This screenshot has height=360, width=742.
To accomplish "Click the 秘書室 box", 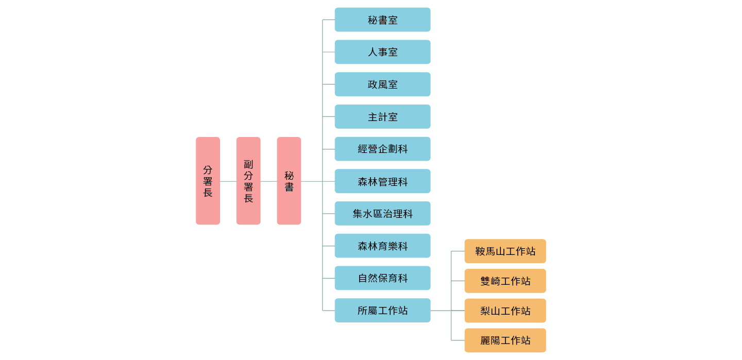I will pos(382,20).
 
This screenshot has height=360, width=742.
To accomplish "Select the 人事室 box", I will pos(382,52).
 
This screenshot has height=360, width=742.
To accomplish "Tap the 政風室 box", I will pos(382,84).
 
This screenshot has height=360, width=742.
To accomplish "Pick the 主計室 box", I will pos(382,117).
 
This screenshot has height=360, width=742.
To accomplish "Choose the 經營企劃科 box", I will pos(382,149).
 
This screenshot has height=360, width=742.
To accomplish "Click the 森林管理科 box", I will pos(382,181).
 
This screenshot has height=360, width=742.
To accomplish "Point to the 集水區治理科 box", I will pos(382,214).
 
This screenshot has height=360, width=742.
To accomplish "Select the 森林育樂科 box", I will pos(382,246).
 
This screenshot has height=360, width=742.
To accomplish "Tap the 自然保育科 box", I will pos(382,278).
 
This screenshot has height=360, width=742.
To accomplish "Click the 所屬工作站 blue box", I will pos(382,311).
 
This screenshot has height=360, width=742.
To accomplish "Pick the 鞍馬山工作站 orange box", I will pos(505,251).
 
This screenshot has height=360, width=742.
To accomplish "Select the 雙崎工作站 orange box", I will pos(505,281).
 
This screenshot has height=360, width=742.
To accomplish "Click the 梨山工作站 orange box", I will pos(505,311).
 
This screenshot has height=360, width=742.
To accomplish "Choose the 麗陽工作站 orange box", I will pos(505,340).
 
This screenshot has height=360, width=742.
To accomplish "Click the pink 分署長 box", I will pos(208,181).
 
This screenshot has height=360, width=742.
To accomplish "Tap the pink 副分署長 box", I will pos(248,181).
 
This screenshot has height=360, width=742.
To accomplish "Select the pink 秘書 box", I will pos(289,181).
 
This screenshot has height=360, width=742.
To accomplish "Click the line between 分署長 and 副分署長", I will pos(228,181).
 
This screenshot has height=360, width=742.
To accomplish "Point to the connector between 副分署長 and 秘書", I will pos(268,181).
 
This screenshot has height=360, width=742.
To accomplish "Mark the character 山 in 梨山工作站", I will pos(495,311).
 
